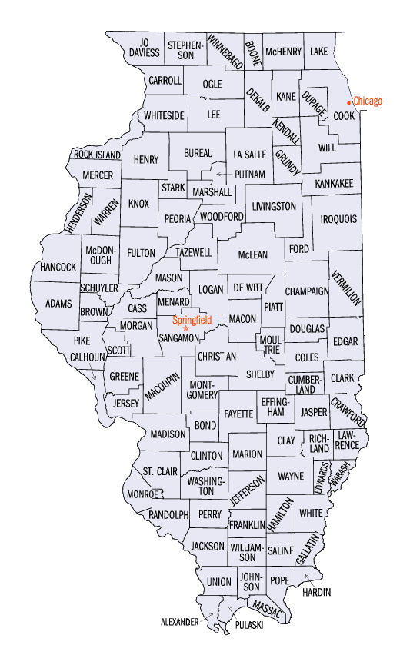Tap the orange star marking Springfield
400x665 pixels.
pyautogui.click(x=185, y=328)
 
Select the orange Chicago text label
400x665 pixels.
pyautogui.click(x=368, y=101)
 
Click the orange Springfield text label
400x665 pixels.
pyautogui.click(x=192, y=319)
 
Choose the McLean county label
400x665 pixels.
pyautogui.click(x=252, y=254)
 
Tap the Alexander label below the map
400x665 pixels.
pyautogui.click(x=179, y=620)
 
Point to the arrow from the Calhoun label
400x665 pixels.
pyautogui.click(x=94, y=376)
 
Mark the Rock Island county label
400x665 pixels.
pyautogui.click(x=97, y=155)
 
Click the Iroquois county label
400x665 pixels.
pyautogui.click(x=338, y=219)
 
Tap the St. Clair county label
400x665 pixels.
pyautogui.click(x=159, y=471)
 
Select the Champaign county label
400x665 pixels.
pyautogui.click(x=307, y=291)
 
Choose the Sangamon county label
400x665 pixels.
pyautogui.click(x=178, y=338)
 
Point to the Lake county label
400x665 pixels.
pyautogui.click(x=318, y=52)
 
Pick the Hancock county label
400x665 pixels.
pyautogui.click(x=58, y=267)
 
